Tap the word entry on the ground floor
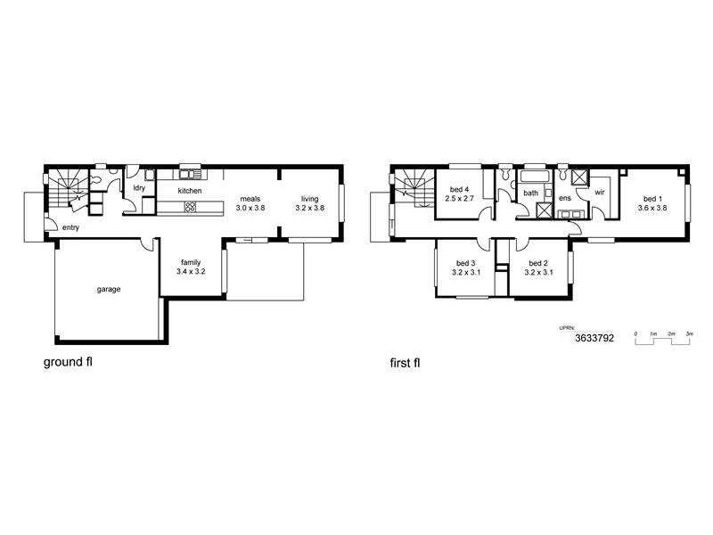point(70,228)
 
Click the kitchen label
point(190,191)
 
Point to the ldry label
point(139,188)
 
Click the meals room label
point(250,198)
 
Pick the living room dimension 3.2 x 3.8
point(309,207)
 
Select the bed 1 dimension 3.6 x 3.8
point(652,207)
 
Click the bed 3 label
point(464,263)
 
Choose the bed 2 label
point(537,263)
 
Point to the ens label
point(564,197)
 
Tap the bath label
point(530,193)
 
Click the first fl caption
point(405,363)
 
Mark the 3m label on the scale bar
point(689,333)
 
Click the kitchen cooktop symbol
point(189,207)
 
